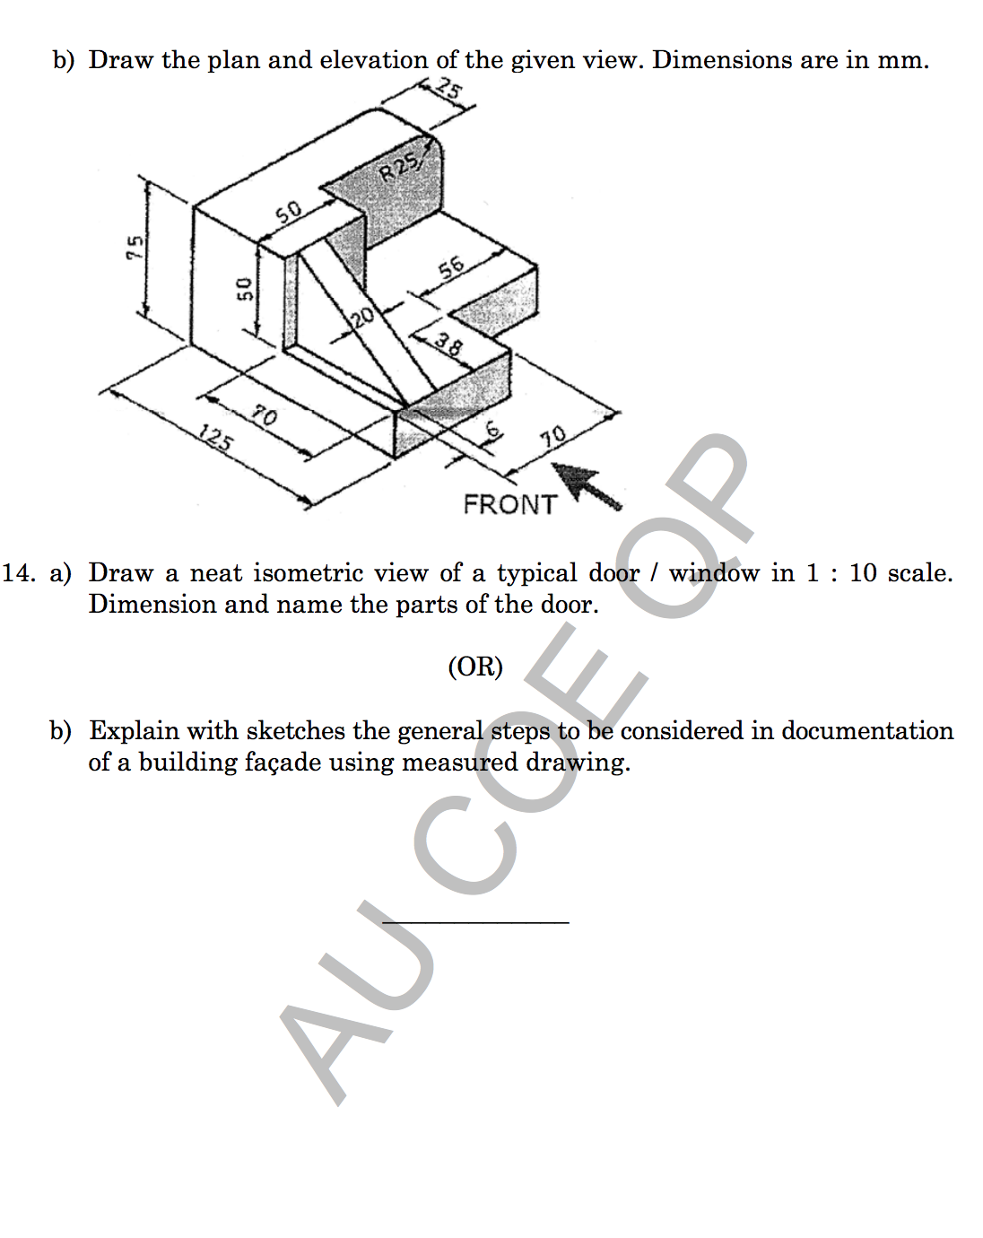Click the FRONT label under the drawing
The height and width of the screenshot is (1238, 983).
point(509,504)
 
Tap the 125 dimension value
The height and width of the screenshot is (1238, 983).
point(216,439)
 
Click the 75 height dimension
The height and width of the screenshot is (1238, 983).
point(134,247)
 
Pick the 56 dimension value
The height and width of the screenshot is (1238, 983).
point(451,267)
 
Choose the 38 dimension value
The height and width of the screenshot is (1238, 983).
point(449,344)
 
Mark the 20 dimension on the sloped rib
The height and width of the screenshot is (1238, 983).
point(361,317)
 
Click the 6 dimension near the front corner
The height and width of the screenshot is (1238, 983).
point(492,430)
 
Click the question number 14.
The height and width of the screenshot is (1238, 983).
point(19,573)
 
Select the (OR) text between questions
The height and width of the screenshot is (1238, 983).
point(475,667)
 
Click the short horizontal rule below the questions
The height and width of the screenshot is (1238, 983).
point(475,921)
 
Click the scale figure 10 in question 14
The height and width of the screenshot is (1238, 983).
point(862,573)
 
